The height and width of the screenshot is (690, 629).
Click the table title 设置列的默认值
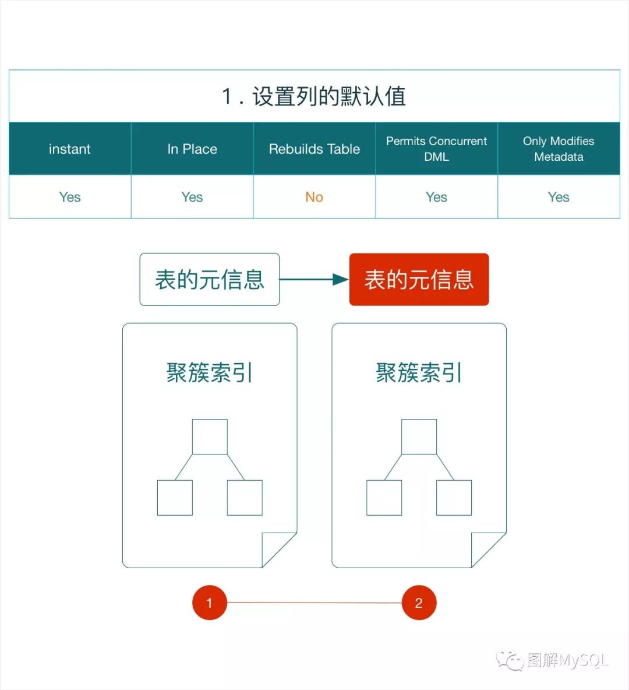click(314, 96)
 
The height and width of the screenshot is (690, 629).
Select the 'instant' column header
click(70, 149)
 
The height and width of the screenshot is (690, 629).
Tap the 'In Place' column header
click(192, 149)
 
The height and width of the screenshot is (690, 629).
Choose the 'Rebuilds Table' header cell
click(314, 149)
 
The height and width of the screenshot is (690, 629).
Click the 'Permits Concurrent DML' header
click(436, 149)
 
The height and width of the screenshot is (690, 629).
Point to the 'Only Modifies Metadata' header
click(559, 149)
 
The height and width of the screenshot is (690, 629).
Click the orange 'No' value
click(314, 197)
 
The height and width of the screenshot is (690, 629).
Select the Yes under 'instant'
click(70, 197)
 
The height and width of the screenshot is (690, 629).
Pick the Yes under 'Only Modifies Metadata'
click(559, 197)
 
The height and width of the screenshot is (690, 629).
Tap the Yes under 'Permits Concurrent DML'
click(436, 197)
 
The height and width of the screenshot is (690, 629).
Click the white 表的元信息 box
click(210, 280)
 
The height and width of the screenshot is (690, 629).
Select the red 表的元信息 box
click(419, 280)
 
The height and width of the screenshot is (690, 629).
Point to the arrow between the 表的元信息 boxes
click(314, 280)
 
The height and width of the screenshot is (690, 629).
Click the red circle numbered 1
click(209, 603)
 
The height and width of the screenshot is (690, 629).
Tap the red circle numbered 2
click(419, 603)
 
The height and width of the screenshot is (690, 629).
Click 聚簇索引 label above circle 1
click(210, 373)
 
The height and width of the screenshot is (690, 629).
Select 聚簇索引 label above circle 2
click(419, 373)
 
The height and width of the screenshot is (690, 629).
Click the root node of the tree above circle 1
click(210, 436)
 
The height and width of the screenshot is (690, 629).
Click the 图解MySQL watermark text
click(567, 660)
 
